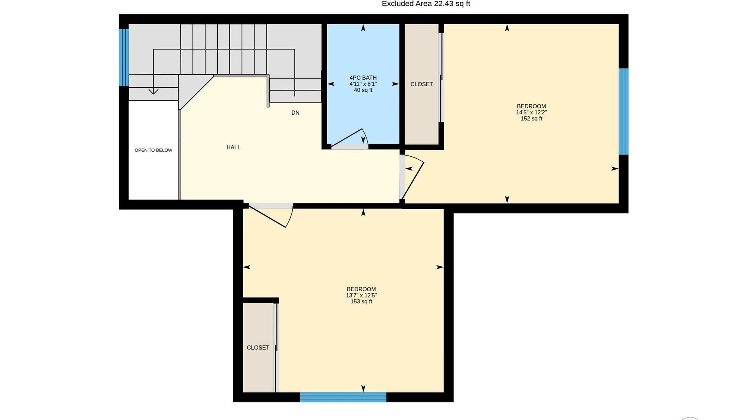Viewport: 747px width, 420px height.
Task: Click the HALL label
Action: (x=233, y=147)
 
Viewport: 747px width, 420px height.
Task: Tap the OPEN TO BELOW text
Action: (x=153, y=150)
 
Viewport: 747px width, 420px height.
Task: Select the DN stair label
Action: (x=295, y=113)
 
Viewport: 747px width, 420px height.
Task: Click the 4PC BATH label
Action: (x=363, y=78)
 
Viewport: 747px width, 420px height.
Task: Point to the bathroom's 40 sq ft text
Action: (x=363, y=90)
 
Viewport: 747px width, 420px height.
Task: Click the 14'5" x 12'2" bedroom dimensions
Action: (x=531, y=112)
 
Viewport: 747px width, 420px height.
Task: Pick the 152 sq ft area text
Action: (x=531, y=119)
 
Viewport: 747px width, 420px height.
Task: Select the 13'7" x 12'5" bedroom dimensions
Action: (x=361, y=295)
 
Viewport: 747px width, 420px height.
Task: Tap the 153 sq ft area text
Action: (x=361, y=301)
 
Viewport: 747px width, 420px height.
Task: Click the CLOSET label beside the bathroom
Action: (x=422, y=84)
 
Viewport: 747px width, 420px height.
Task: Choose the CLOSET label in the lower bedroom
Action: (x=258, y=348)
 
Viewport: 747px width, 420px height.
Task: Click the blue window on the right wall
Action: (x=624, y=112)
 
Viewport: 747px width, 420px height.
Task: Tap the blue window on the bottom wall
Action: (x=343, y=397)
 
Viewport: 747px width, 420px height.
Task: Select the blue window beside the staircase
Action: (x=124, y=58)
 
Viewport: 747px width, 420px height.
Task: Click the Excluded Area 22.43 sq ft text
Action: (x=426, y=4)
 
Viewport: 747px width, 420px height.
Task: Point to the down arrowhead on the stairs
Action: (x=153, y=91)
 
